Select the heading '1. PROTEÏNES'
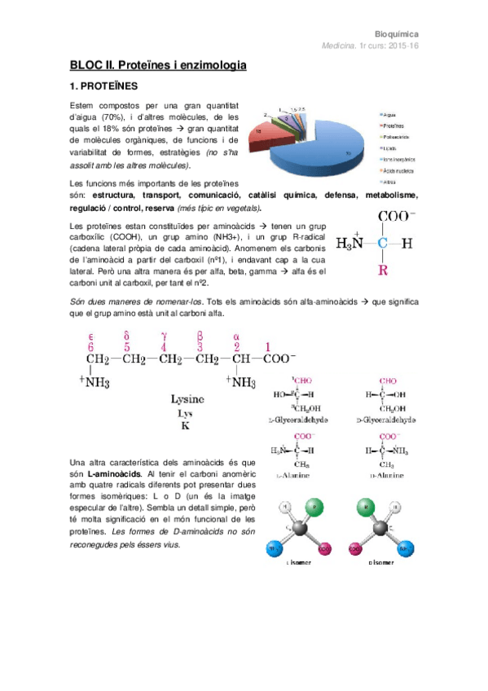[x=103, y=85]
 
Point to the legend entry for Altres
[x=390, y=182]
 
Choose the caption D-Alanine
[x=386, y=473]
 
